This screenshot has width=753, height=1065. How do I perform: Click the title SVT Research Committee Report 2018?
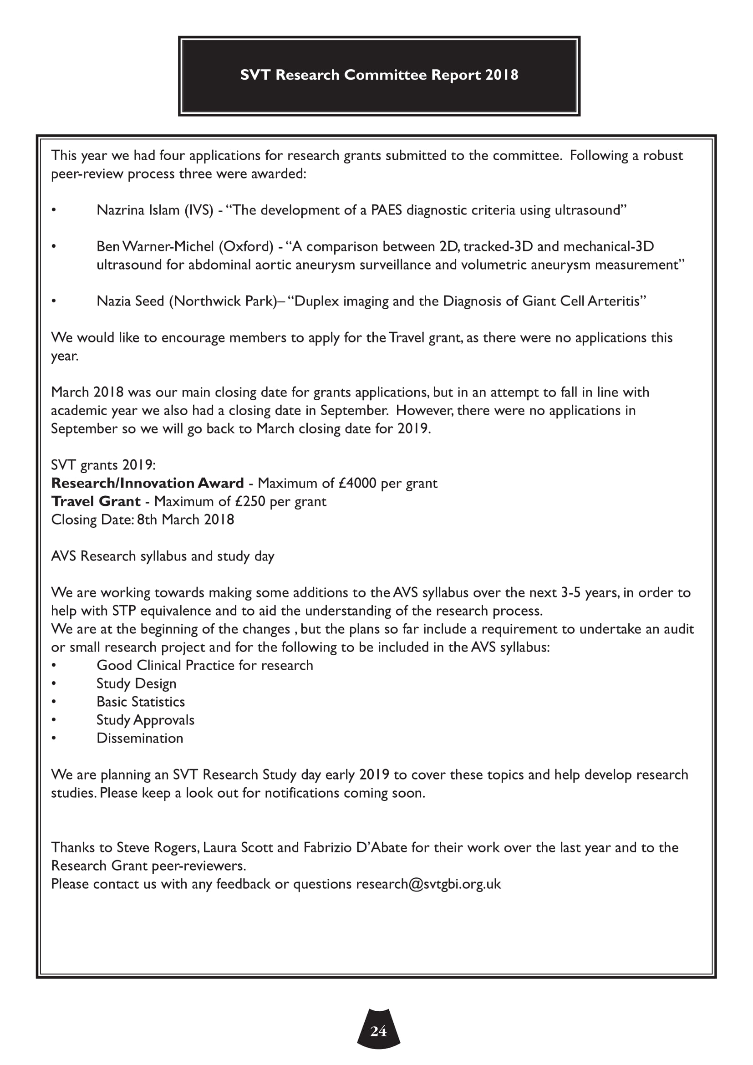(x=379, y=75)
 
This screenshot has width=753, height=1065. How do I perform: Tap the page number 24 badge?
(x=378, y=1031)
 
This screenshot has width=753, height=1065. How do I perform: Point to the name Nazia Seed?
(x=130, y=301)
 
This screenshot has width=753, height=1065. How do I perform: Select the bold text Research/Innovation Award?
(x=148, y=484)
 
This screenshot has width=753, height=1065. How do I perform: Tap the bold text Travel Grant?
(x=96, y=501)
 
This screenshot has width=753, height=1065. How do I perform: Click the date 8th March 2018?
(x=185, y=520)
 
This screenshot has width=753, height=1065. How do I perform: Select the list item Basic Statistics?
(x=141, y=702)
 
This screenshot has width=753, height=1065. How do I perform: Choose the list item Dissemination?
(x=140, y=738)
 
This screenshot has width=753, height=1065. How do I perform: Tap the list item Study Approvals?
(x=145, y=720)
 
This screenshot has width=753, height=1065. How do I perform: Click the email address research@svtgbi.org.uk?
(x=428, y=884)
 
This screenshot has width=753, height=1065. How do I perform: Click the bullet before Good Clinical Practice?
(x=54, y=666)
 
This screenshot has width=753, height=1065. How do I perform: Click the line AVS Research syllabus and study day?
(x=162, y=556)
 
